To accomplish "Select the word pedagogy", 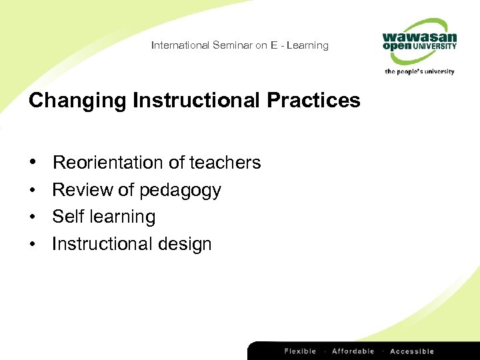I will point(180,191).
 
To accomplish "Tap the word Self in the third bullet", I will point(68,217).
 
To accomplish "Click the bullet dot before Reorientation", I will point(33,163).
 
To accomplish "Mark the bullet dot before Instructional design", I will point(33,245).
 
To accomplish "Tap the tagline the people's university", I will point(420,71).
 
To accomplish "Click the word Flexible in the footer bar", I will point(301,351).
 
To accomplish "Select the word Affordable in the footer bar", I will point(353,351).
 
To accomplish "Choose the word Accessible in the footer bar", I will point(412,351).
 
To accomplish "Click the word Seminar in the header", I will point(233,45).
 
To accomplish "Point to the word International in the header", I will point(180,45).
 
